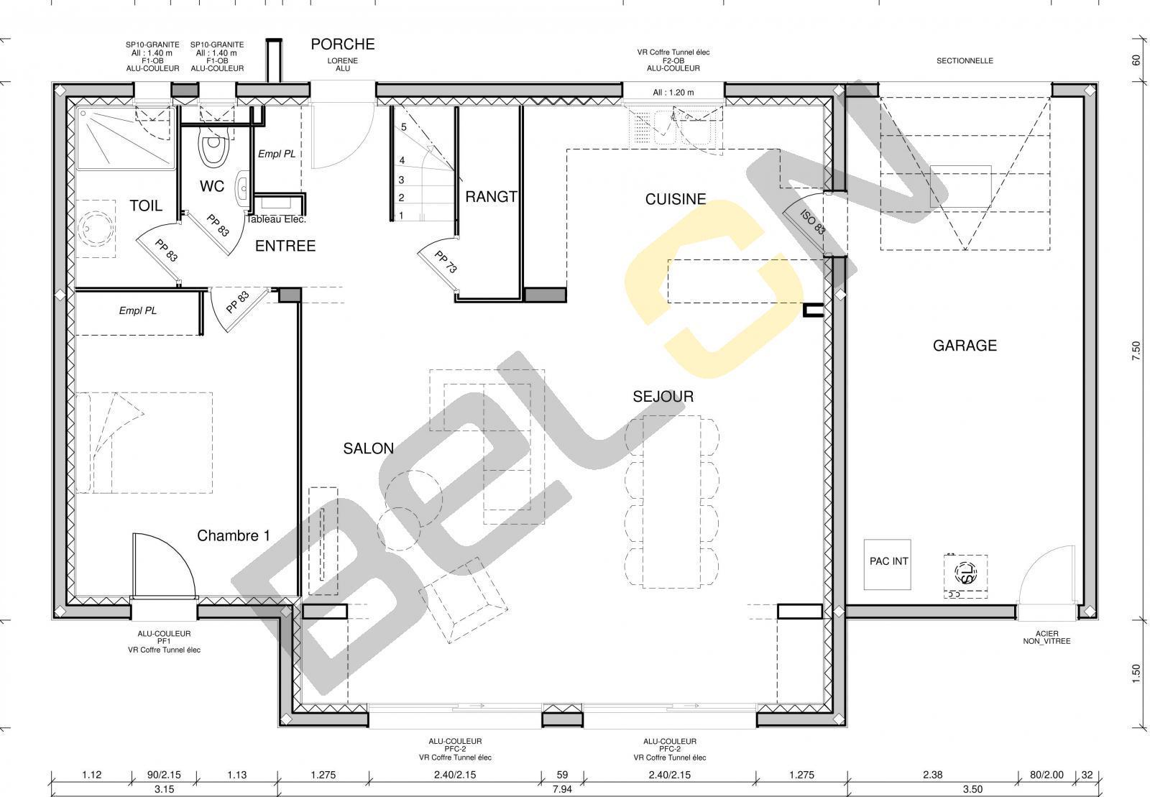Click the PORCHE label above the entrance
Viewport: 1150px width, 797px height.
click(x=342, y=45)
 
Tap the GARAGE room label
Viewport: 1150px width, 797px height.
click(x=965, y=346)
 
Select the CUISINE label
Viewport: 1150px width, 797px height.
click(x=676, y=199)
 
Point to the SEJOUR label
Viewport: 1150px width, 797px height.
click(x=663, y=396)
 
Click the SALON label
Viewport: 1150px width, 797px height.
click(x=369, y=448)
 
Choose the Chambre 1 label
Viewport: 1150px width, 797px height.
click(x=234, y=536)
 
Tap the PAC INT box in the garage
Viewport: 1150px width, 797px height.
click(x=888, y=565)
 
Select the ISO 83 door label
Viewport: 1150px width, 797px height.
click(x=813, y=221)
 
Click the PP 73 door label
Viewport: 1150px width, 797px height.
click(x=445, y=262)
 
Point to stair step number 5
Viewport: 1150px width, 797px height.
click(x=404, y=126)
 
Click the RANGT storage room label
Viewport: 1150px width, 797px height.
click(x=492, y=197)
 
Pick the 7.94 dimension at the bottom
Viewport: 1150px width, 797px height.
click(x=562, y=789)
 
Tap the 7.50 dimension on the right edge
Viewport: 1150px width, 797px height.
click(x=1136, y=351)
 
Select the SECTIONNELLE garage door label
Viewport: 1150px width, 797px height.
click(x=965, y=60)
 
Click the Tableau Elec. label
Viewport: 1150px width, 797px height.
click(x=276, y=220)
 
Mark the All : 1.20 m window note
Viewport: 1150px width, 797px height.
click(x=673, y=93)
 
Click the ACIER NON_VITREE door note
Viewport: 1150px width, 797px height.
click(x=1046, y=637)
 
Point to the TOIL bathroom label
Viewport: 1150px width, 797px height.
click(x=146, y=206)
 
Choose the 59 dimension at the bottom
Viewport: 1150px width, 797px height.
click(x=562, y=775)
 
